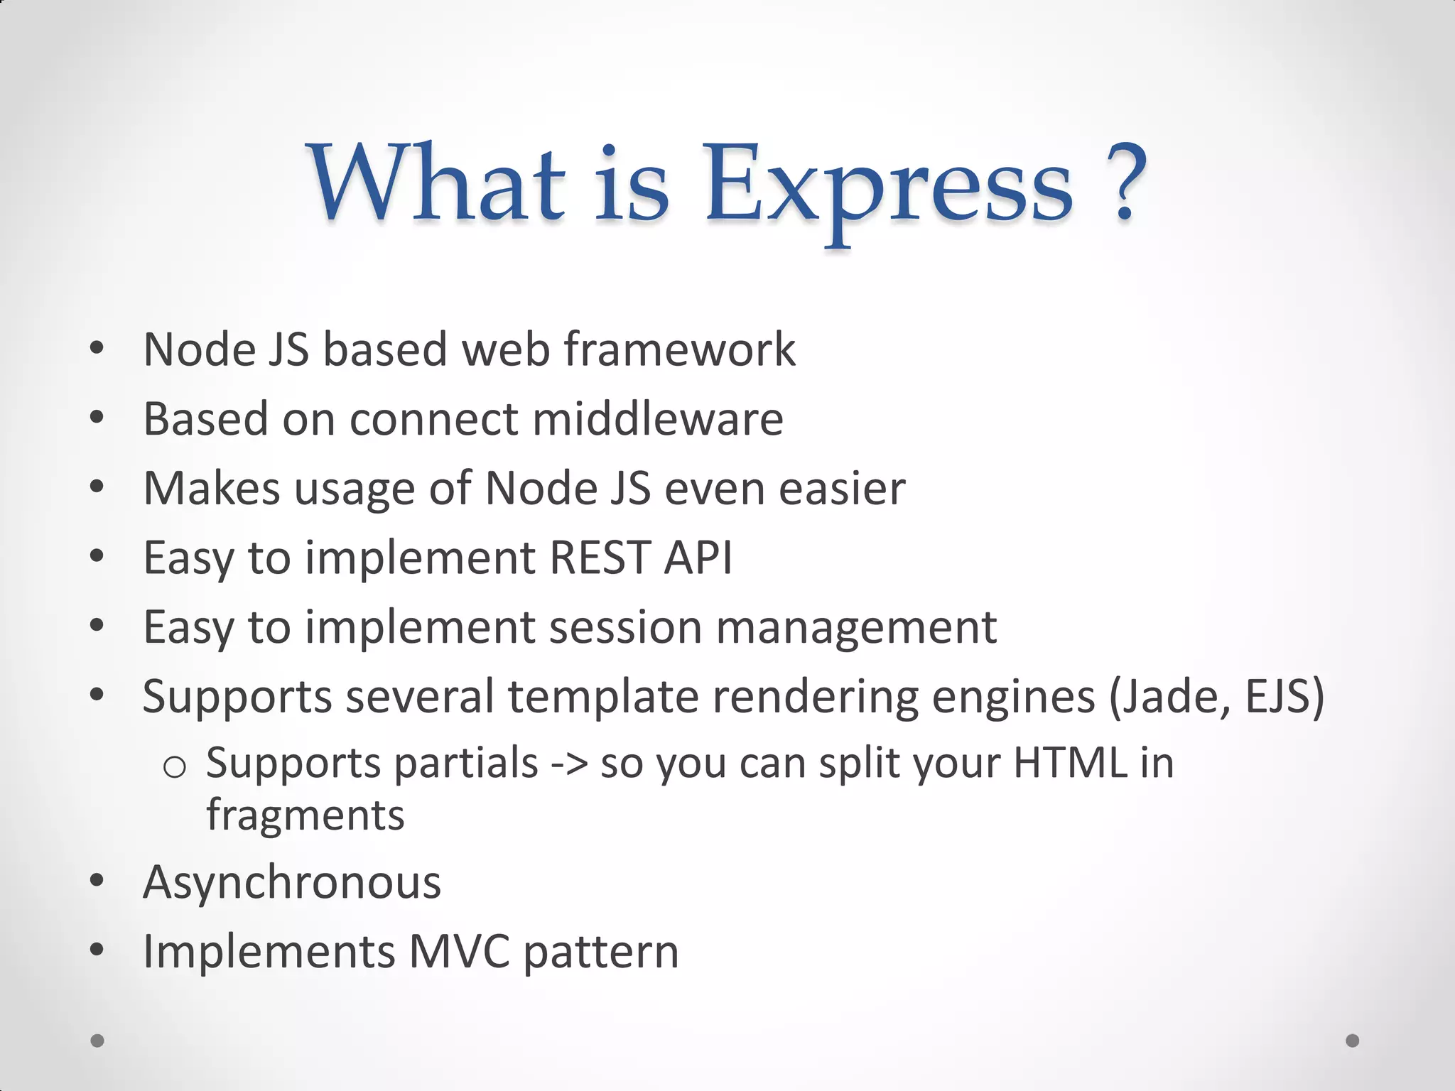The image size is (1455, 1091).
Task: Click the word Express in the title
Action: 888,188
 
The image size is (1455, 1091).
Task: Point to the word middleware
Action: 658,419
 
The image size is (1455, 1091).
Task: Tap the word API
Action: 698,558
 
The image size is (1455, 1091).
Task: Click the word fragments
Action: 305,815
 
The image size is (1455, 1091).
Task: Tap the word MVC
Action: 460,952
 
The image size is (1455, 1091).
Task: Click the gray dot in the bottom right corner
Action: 1353,1041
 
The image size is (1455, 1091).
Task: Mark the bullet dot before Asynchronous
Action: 97,881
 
